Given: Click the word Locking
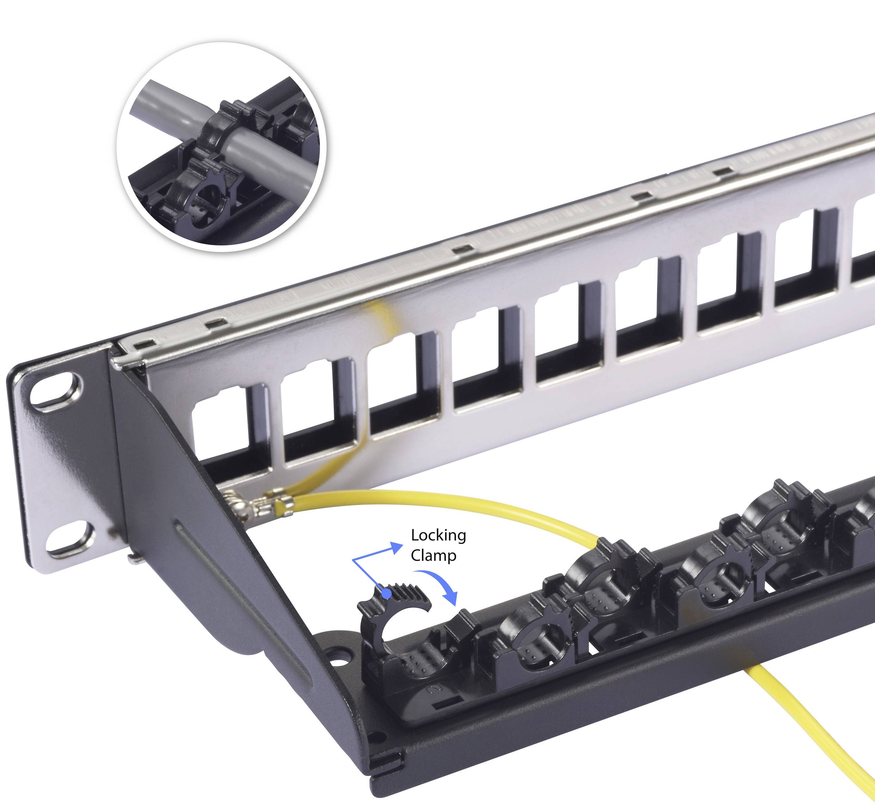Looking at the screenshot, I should pyautogui.click(x=438, y=536).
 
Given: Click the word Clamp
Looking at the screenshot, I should pyautogui.click(x=433, y=556).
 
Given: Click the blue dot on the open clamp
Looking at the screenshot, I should pyautogui.click(x=386, y=594).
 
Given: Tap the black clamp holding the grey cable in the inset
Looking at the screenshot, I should pyautogui.click(x=219, y=131).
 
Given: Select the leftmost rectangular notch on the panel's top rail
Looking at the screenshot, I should pyautogui.click(x=145, y=345).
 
